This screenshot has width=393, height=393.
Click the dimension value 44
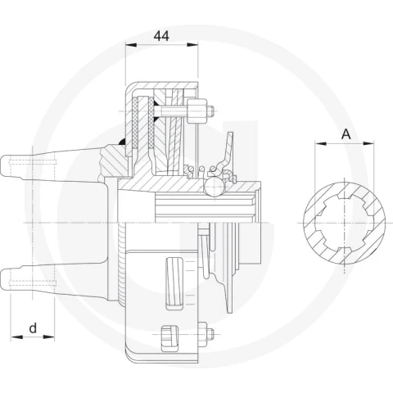point(161,36)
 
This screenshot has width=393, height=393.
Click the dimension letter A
point(346,134)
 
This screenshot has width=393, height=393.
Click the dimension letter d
point(33,327)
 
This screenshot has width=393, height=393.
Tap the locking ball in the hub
point(215,186)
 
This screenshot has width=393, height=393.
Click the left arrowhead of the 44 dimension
point(131,45)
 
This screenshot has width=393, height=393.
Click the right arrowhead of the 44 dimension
point(192,45)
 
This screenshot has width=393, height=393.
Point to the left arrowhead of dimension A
point(320,143)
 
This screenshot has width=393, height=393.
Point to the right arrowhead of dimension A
point(368,143)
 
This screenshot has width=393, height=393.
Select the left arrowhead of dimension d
point(16,337)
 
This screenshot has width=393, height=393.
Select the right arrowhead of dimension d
point(49,337)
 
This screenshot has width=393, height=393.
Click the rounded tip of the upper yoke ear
point(3,166)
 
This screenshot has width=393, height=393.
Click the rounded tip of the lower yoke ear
point(3,280)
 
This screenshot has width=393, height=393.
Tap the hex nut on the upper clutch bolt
point(196,111)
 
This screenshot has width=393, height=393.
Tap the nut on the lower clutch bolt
point(202,334)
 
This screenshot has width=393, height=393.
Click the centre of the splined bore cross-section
point(344,223)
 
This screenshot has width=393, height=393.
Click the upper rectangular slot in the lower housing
point(174,283)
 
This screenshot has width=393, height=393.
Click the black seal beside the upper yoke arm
point(122,142)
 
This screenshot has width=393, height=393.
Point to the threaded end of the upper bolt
point(210,111)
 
